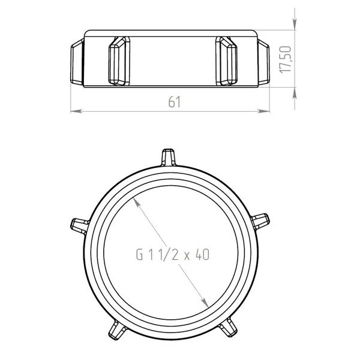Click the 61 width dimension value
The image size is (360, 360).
[174, 102]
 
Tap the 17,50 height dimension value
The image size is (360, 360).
[286, 59]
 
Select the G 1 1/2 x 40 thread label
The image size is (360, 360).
[173, 254]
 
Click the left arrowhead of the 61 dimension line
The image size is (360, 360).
[76, 111]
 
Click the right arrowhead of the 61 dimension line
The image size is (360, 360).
[263, 111]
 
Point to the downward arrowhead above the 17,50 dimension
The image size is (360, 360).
[295, 24]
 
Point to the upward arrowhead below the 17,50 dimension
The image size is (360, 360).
[295, 93]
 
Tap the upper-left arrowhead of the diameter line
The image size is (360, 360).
[137, 203]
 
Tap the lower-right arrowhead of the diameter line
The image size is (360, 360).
[205, 302]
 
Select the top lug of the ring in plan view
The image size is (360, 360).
[168, 157]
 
